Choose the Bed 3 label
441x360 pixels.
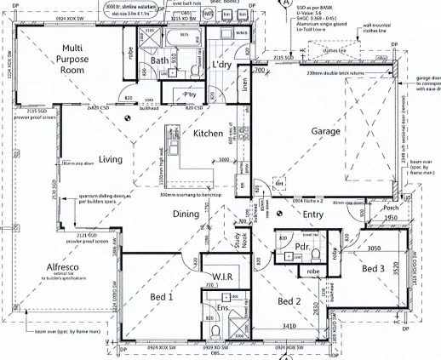click(x=375, y=269)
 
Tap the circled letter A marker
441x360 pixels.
click(x=282, y=4)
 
